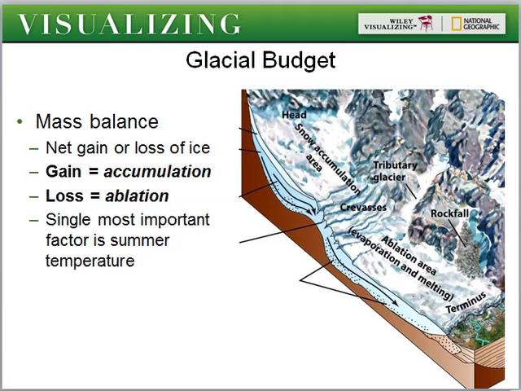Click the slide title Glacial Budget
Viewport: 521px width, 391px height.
coord(260,60)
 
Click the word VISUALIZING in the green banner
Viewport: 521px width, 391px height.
coord(129,24)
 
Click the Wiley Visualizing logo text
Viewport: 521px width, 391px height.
coord(390,23)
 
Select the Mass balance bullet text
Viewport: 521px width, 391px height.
coord(97,121)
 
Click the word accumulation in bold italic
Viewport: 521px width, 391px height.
coord(157,172)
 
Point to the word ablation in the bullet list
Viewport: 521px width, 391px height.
coord(136,195)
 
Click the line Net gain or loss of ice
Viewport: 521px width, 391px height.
coord(128,147)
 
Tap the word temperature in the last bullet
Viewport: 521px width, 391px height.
coord(90,261)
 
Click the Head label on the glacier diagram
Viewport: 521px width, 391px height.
coord(294,115)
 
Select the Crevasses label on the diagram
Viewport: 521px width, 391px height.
coord(362,208)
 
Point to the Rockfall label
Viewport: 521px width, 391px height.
coord(453,213)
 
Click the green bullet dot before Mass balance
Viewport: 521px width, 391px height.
coord(19,122)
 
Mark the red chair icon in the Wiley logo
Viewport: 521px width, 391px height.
coord(425,23)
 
